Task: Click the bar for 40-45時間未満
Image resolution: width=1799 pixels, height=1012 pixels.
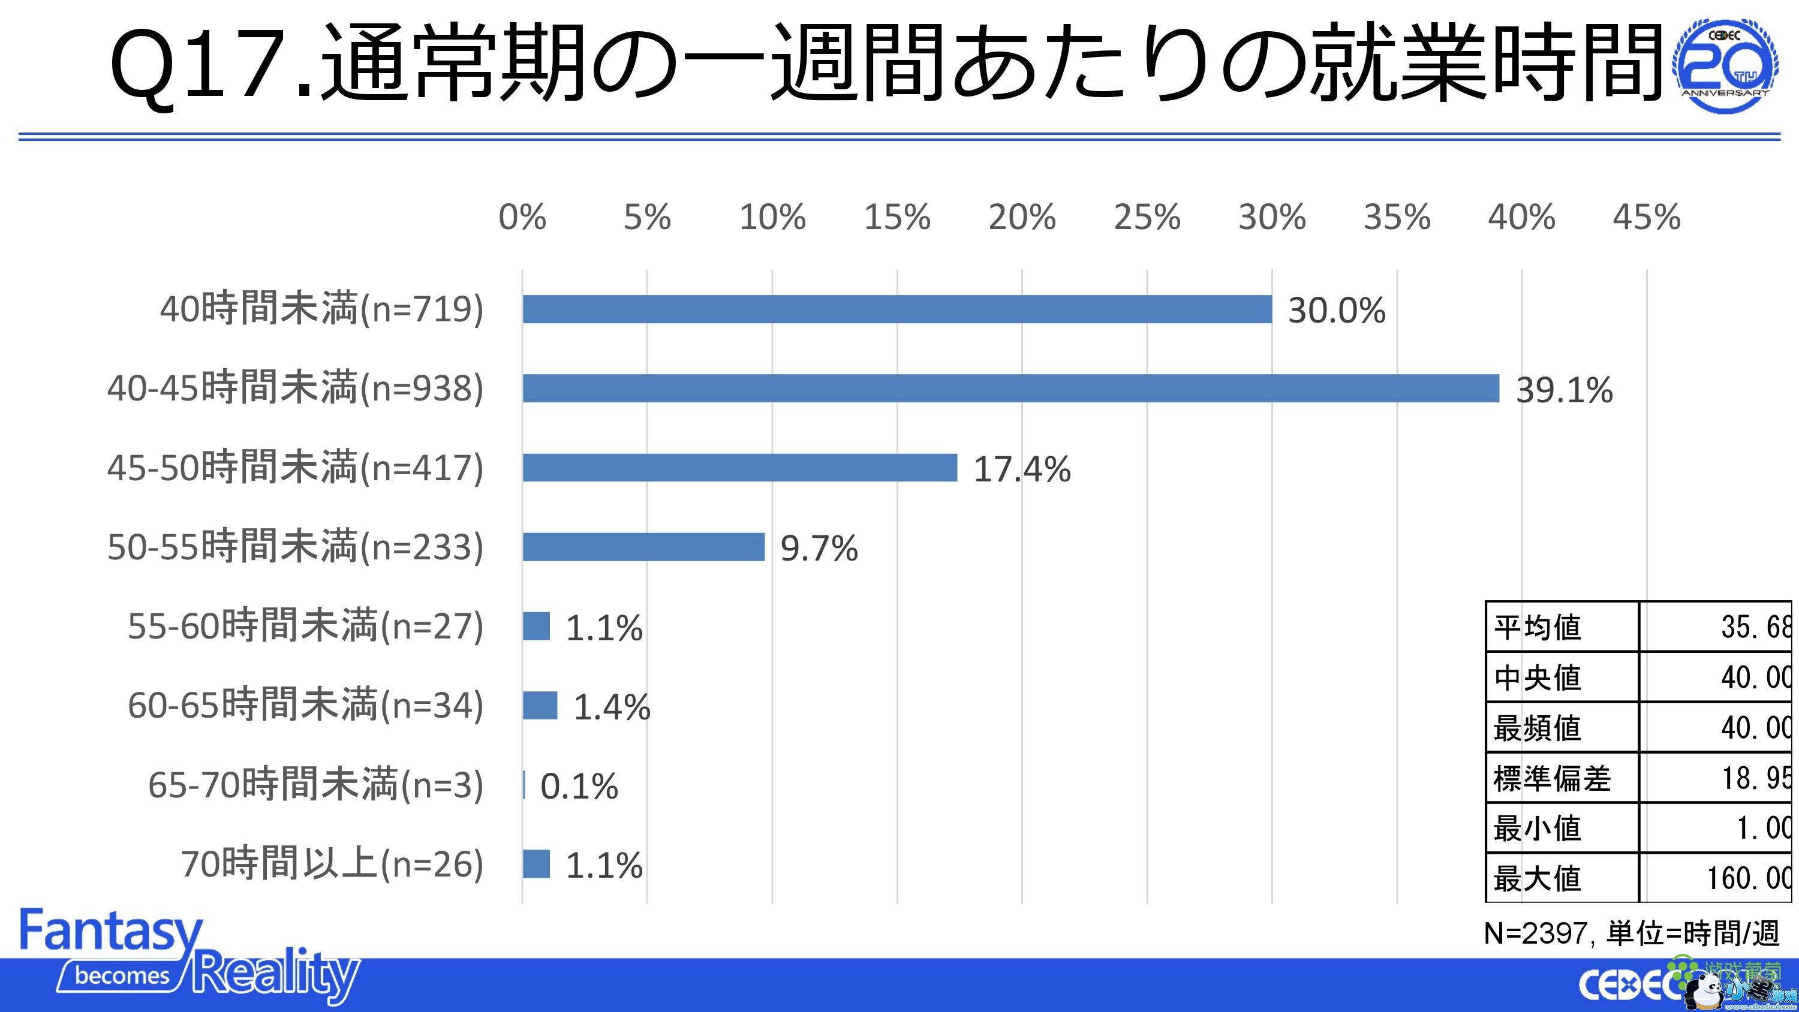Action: point(1010,388)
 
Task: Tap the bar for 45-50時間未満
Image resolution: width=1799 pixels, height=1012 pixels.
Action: point(739,467)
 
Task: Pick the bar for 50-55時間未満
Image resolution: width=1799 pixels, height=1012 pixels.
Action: point(643,547)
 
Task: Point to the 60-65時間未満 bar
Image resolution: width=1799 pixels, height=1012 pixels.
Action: point(540,706)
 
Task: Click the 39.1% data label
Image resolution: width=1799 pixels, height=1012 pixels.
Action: point(1564,390)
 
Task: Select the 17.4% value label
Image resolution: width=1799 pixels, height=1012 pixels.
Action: point(1022,469)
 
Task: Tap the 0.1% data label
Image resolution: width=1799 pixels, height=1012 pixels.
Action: point(579,787)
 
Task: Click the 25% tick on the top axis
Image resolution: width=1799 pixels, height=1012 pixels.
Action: point(1147,217)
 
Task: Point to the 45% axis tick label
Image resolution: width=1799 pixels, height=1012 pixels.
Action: point(1646,217)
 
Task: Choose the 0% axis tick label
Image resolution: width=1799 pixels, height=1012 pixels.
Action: point(522,217)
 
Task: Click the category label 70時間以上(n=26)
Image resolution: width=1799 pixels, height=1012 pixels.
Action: point(332,864)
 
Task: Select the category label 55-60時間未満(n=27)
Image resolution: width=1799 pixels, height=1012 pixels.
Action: point(305,626)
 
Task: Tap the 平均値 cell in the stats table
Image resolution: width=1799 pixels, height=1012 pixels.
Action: point(1537,627)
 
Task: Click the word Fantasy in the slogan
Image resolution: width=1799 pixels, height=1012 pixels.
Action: point(111,931)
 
